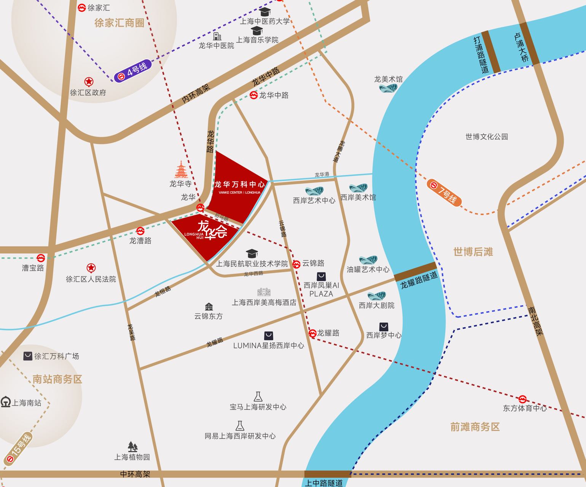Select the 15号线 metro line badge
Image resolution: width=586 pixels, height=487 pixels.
click(18, 450)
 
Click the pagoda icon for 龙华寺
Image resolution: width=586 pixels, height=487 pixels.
click(181, 170)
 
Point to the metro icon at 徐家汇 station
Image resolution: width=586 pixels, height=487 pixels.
click(81, 8)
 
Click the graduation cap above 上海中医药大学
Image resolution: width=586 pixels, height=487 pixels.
click(265, 12)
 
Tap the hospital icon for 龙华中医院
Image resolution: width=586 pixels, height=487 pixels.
click(217, 37)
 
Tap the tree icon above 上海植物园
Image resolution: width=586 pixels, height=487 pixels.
click(132, 446)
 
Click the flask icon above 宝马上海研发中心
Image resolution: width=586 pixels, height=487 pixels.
click(258, 396)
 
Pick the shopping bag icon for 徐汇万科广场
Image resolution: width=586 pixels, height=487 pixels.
click(28, 356)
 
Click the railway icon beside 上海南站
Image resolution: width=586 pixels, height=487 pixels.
click(6, 402)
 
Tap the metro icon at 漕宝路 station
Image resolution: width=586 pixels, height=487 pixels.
click(40, 258)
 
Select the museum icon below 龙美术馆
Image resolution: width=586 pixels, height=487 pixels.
click(388, 89)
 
